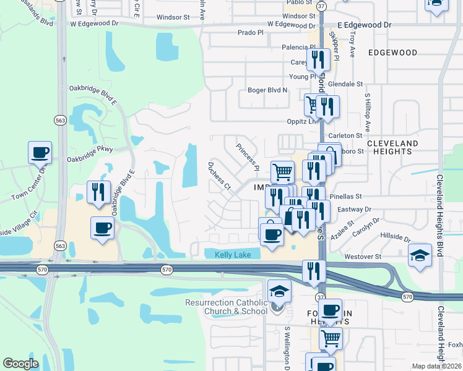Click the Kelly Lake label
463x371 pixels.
click(233, 255)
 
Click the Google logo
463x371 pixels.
click(20, 363)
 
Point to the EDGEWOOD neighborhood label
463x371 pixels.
click(392, 53)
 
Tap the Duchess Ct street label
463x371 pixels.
click(219, 176)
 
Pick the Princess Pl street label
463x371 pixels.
click(247, 156)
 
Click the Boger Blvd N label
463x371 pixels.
click(267, 90)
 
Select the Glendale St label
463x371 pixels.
click(345, 83)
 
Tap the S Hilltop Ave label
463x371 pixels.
click(367, 112)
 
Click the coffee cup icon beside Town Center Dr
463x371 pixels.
click(40, 152)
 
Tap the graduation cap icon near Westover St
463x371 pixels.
click(420, 255)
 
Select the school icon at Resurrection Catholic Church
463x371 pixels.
click(279, 291)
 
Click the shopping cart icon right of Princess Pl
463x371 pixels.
click(282, 171)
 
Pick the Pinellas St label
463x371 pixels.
click(345, 196)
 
